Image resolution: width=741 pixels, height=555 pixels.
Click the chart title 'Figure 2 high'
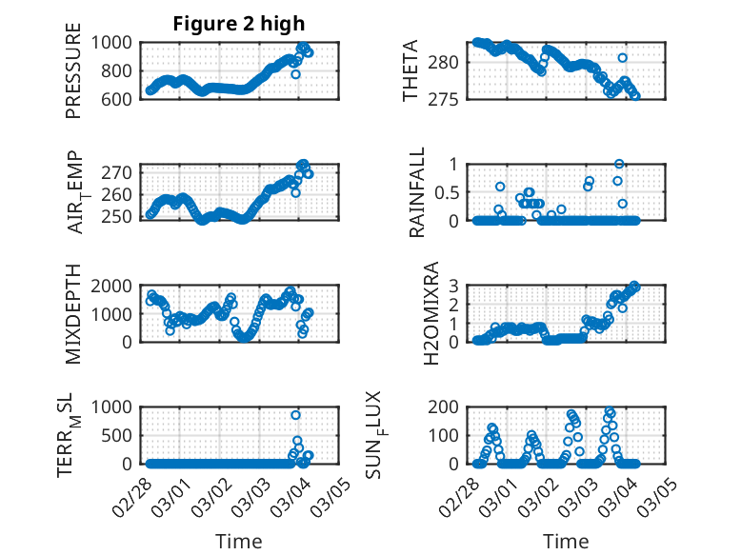239,24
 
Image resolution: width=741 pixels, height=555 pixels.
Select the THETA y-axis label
411,70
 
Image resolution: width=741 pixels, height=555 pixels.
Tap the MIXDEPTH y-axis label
74,313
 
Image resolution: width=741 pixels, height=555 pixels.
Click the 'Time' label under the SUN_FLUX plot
566,542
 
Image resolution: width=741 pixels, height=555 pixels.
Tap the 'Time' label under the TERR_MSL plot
239,542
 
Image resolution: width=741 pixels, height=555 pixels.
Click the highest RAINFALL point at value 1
619,165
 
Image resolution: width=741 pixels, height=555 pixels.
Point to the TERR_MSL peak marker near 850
296,415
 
